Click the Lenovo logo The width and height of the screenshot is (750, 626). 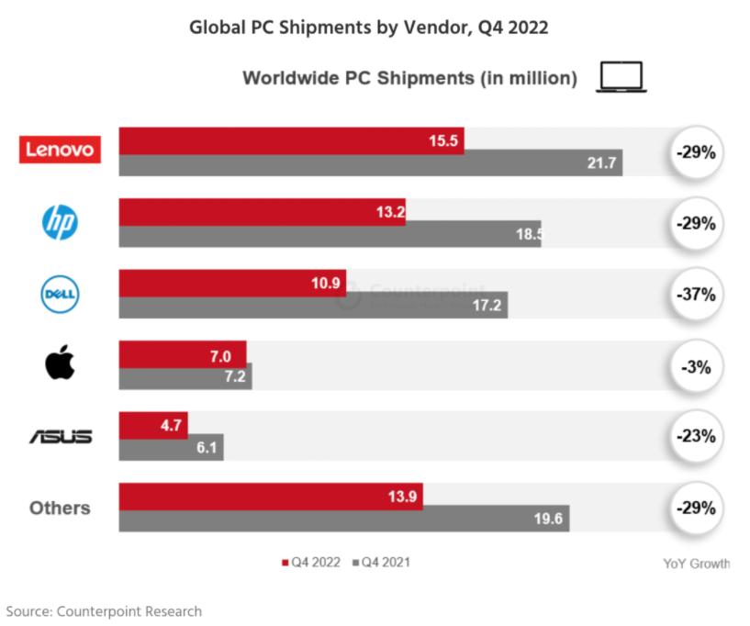click(60, 150)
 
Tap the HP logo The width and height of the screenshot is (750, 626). click(61, 222)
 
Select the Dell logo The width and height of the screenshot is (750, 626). click(61, 294)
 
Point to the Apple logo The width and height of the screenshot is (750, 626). click(60, 364)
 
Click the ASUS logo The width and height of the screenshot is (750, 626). click(61, 436)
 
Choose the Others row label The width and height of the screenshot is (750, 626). click(60, 508)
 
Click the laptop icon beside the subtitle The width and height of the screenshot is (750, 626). click(621, 77)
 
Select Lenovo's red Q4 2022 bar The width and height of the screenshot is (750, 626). click(291, 140)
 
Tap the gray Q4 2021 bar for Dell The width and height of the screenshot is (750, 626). click(312, 306)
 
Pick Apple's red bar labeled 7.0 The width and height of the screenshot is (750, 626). click(183, 355)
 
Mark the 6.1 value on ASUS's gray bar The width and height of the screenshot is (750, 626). click(207, 448)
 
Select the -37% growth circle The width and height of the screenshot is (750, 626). click(696, 296)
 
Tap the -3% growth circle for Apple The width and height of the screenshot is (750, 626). click(696, 367)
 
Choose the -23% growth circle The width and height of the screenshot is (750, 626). click(696, 437)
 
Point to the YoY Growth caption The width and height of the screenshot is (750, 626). click(696, 564)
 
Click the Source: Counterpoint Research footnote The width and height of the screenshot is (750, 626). click(104, 610)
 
